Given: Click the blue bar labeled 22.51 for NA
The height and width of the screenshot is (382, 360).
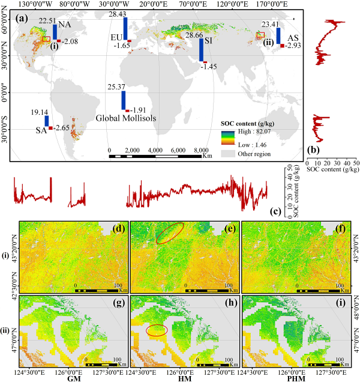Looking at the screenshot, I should click(x=55, y=32).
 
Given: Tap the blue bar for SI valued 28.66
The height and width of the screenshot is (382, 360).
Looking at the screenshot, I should click(x=202, y=50).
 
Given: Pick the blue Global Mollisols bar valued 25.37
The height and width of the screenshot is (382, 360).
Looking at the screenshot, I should click(x=123, y=100).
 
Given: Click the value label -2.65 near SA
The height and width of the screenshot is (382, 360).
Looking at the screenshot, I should click(x=62, y=128).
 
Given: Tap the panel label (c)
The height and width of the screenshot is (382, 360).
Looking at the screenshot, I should click(x=275, y=211).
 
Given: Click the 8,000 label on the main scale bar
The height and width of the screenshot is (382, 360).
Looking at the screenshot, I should click(x=201, y=150).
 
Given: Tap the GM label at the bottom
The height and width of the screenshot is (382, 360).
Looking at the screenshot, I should click(x=76, y=375).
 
